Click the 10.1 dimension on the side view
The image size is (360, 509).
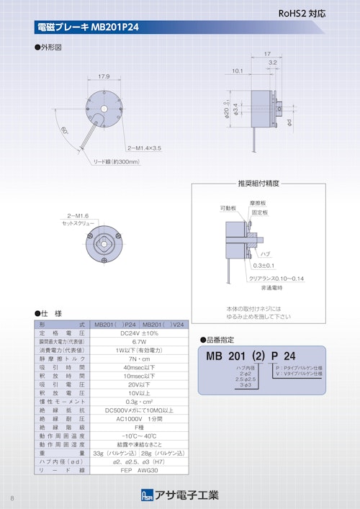237,71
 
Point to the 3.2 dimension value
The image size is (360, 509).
272,63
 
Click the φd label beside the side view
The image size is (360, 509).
289,122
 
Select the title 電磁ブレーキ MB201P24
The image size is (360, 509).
87,28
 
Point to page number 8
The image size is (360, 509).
12,499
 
